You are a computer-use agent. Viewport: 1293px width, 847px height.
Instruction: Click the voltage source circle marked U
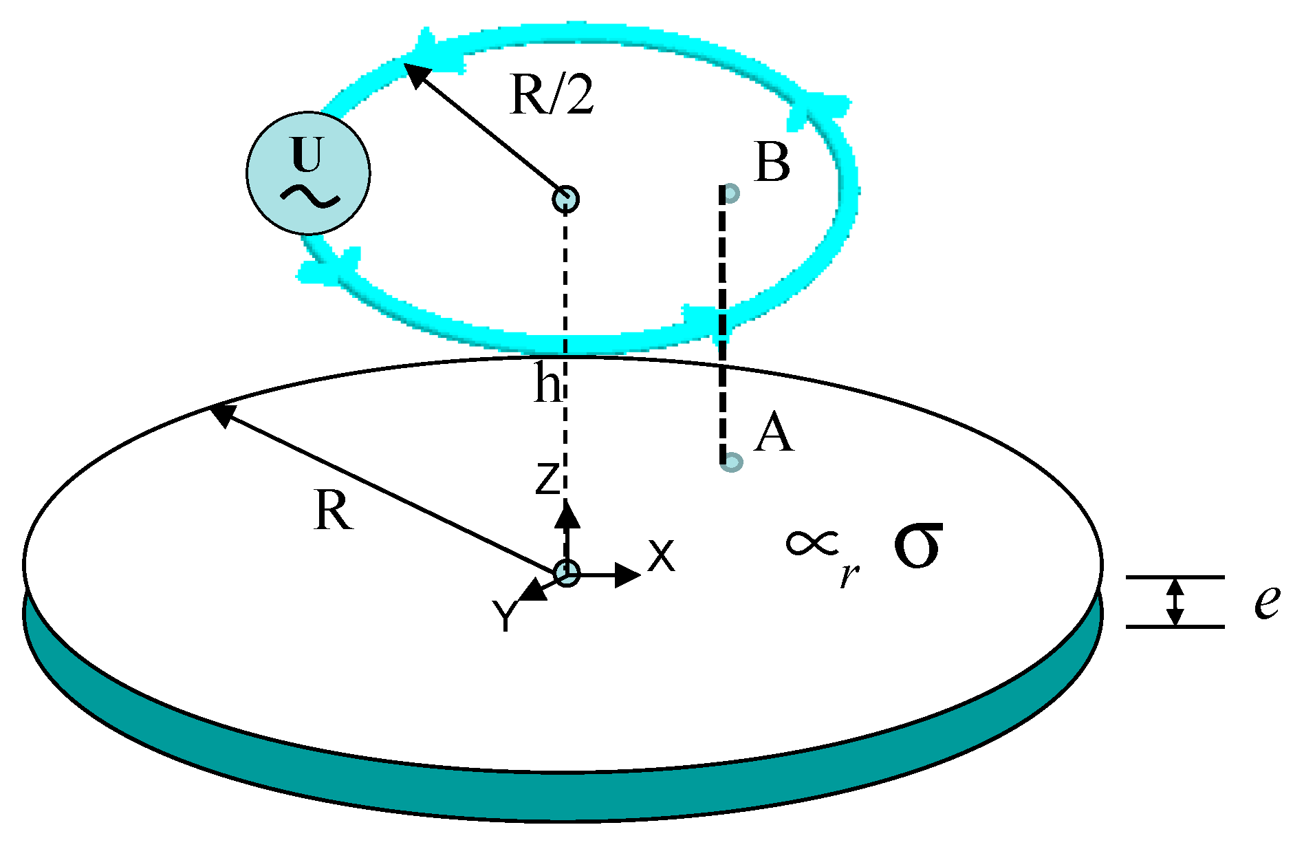(x=308, y=173)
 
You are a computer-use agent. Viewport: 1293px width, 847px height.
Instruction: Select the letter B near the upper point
(x=772, y=163)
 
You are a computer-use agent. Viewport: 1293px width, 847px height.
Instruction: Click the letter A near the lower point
(x=773, y=433)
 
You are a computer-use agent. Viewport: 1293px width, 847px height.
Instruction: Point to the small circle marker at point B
(x=732, y=193)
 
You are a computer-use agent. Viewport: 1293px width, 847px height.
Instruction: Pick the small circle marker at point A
(x=732, y=462)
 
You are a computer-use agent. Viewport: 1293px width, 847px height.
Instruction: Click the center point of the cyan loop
(x=565, y=199)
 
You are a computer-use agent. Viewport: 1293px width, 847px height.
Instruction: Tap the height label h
(x=548, y=384)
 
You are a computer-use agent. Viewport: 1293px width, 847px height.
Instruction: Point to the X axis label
(x=662, y=556)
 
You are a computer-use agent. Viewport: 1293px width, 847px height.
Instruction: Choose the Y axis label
(x=506, y=616)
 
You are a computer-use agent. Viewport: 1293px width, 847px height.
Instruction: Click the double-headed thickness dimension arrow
(x=1175, y=602)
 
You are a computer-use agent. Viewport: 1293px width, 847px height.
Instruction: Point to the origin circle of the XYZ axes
(x=567, y=572)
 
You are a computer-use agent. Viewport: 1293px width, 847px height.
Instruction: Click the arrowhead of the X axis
(x=628, y=575)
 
